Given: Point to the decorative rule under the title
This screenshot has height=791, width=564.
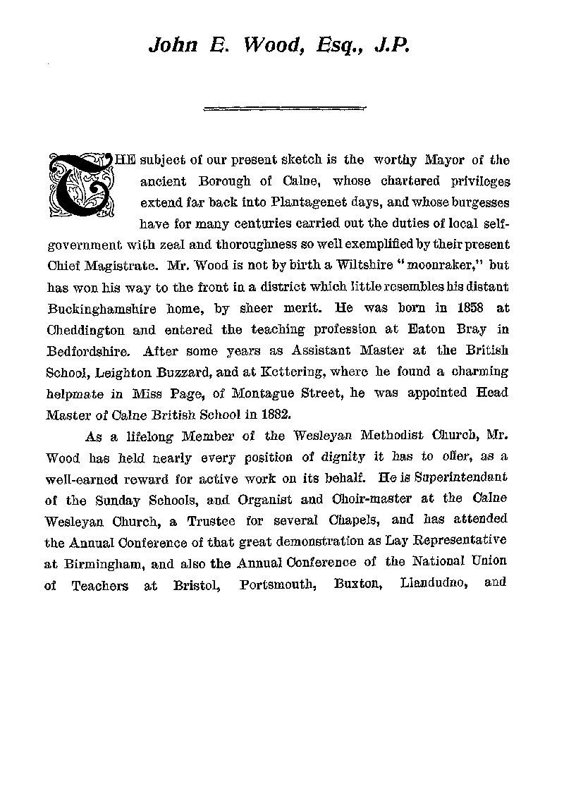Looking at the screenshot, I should coord(284,108).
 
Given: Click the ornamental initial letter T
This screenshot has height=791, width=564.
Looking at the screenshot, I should coord(80,184).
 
